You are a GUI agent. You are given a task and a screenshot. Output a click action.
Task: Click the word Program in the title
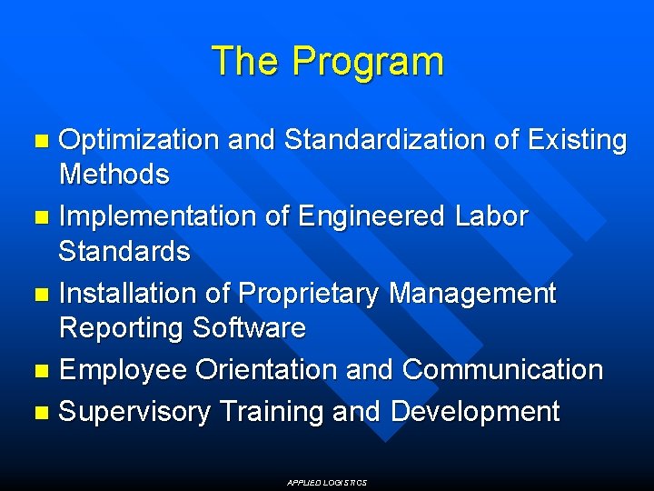point(368,63)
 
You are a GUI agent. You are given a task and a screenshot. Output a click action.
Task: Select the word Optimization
point(139,141)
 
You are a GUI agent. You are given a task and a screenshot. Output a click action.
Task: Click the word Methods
point(114,175)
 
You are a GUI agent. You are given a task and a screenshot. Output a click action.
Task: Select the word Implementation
point(149,217)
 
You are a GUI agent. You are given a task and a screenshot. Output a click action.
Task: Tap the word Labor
point(490,217)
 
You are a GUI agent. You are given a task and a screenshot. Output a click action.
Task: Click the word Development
point(475,413)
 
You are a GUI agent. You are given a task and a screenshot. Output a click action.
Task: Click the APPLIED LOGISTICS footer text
point(327,483)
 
